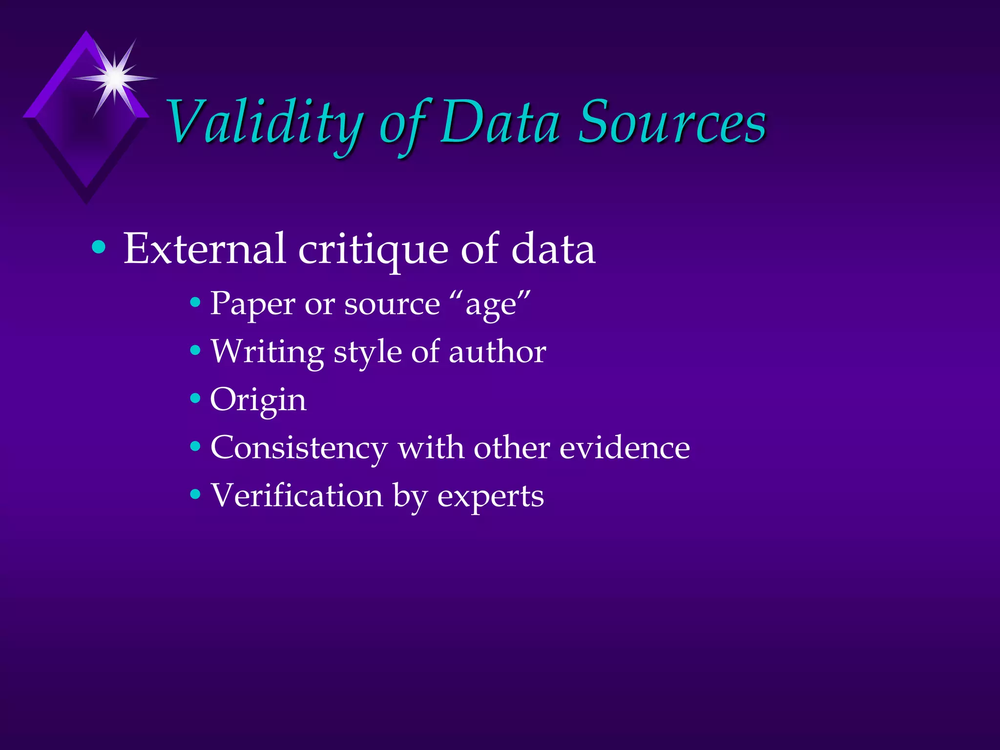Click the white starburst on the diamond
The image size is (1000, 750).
tap(115, 78)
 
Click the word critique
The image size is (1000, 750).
tap(373, 250)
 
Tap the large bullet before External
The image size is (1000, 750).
tap(99, 248)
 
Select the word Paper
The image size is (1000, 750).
tap(252, 304)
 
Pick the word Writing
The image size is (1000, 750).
tap(267, 352)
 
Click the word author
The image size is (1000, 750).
tap(497, 352)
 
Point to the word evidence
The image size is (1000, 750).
tap(625, 447)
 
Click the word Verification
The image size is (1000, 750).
tap(296, 496)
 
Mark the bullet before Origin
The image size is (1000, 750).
tap(195, 398)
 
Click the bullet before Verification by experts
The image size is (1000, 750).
tap(195, 495)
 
